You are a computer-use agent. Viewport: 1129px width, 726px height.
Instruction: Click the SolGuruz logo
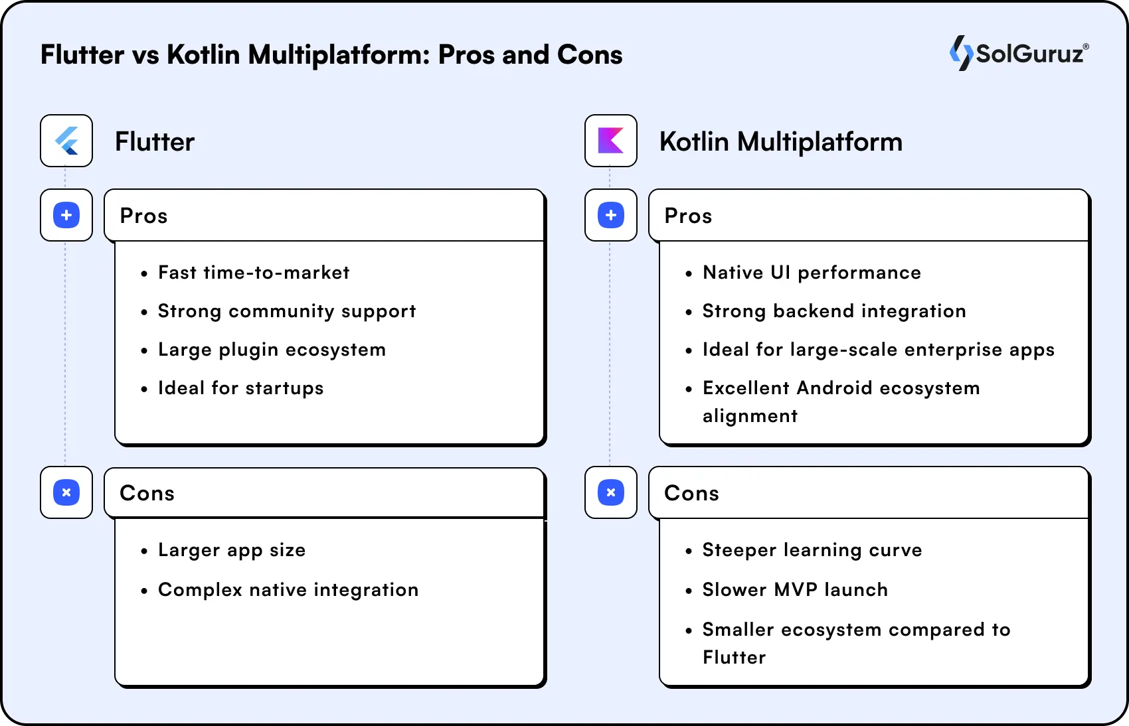point(1019,53)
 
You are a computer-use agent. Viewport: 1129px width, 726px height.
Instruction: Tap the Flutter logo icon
point(66,141)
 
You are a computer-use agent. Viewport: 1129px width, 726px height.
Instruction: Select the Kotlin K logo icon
point(610,141)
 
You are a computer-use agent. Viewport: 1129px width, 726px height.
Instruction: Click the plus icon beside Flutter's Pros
point(66,215)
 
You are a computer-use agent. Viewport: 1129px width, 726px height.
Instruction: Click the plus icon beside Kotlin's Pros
point(610,215)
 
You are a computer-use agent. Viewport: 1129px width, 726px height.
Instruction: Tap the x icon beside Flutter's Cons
point(66,492)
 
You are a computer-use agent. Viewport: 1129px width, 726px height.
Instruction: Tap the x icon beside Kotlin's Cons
point(610,492)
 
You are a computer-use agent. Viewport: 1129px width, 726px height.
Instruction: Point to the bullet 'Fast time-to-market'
point(253,273)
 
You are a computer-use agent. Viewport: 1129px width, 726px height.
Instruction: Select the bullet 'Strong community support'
point(286,311)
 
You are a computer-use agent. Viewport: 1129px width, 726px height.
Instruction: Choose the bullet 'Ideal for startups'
point(240,388)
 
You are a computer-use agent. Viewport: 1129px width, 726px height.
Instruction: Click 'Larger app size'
point(231,550)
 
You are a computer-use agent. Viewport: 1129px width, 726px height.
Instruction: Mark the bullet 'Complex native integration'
point(288,590)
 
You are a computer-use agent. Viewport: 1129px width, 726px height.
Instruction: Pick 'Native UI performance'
point(812,273)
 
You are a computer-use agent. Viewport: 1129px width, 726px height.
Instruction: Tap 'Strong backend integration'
point(833,311)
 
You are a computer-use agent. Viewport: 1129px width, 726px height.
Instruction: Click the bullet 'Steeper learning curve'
point(812,550)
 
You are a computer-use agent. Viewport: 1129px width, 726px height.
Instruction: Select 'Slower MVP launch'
point(794,590)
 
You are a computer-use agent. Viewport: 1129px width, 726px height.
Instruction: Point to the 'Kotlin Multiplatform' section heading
point(780,142)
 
